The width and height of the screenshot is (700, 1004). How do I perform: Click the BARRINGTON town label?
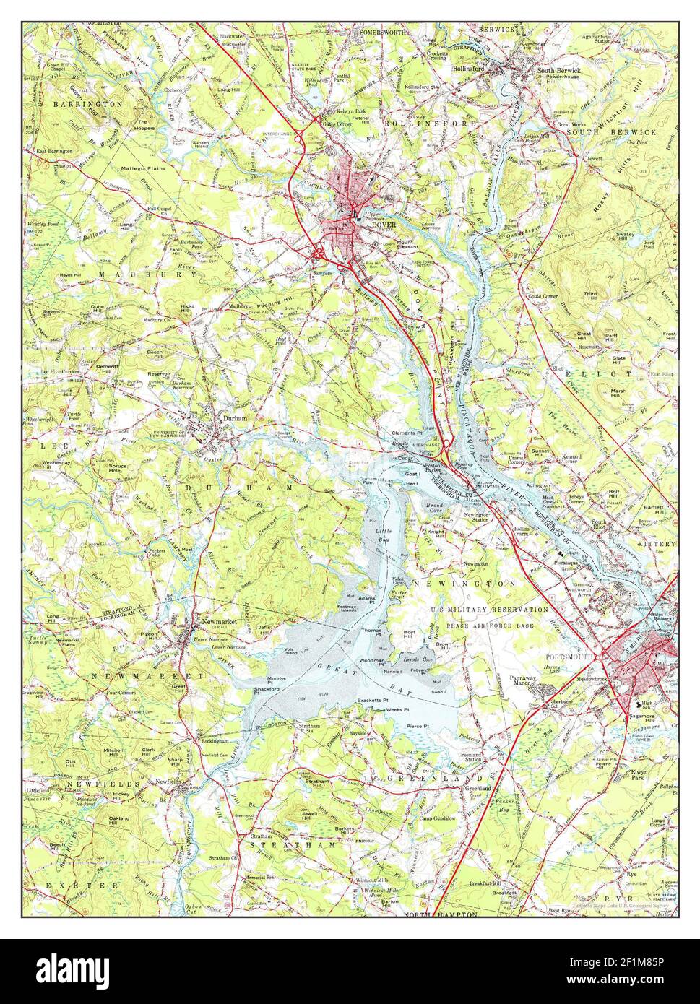pyautogui.click(x=87, y=104)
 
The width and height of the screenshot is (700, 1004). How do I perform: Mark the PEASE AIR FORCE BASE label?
pyautogui.click(x=491, y=624)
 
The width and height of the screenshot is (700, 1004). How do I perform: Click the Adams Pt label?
pyautogui.click(x=368, y=599)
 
